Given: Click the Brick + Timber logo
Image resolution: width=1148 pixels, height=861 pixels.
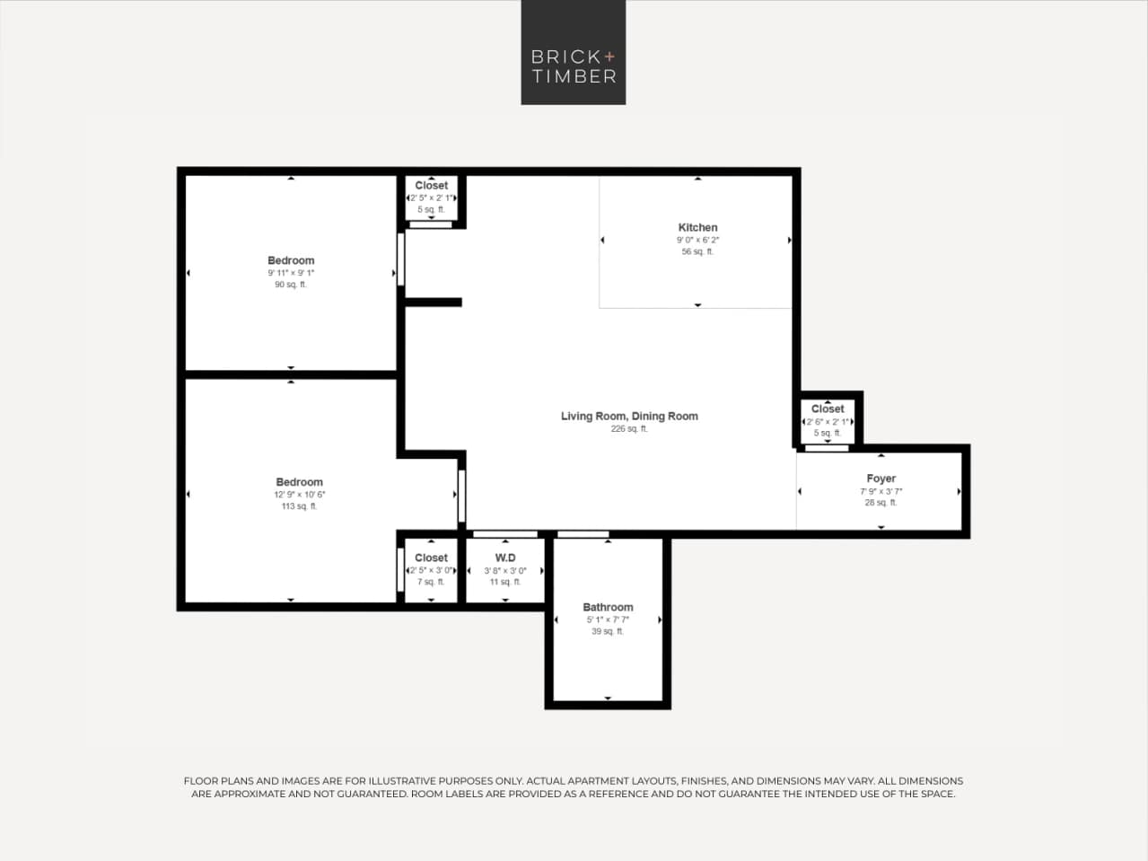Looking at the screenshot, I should point(573,52).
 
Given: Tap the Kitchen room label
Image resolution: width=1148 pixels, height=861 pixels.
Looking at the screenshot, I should point(697,227).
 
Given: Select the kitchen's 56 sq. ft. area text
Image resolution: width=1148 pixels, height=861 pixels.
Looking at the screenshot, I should point(697,252).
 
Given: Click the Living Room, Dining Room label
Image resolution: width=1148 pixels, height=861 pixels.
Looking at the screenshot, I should point(629,416).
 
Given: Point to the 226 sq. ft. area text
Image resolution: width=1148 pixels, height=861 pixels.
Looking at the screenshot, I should point(629,429).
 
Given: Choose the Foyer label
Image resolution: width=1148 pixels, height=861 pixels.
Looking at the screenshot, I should point(881,479).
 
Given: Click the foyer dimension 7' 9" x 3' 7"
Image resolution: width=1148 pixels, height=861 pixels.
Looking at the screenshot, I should point(881,491).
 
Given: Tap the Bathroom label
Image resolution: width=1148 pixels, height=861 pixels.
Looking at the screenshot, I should point(608,607).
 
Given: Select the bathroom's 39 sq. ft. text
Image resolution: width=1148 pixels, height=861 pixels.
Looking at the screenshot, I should point(608,632).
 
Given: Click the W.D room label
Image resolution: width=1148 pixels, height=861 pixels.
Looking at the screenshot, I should point(505,558).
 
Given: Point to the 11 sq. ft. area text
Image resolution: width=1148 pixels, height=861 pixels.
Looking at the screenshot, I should point(505,583).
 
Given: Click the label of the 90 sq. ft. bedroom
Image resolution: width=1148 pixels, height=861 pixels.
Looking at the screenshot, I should point(291,260).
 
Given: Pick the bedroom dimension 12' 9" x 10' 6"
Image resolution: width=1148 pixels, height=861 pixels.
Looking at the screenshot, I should point(299,495).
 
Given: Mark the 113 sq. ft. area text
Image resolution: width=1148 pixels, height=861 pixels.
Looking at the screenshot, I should point(299,507).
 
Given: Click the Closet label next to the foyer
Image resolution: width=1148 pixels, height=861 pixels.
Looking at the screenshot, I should point(828,409).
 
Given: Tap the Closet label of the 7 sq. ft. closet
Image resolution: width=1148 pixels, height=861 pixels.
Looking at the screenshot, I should point(431,558).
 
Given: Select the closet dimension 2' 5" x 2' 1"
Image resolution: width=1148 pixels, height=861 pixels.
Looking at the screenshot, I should point(431,198).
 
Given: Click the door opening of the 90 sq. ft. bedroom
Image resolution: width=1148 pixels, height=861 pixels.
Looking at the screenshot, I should point(400,259).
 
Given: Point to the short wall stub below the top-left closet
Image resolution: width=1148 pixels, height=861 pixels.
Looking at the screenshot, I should point(434,303).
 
